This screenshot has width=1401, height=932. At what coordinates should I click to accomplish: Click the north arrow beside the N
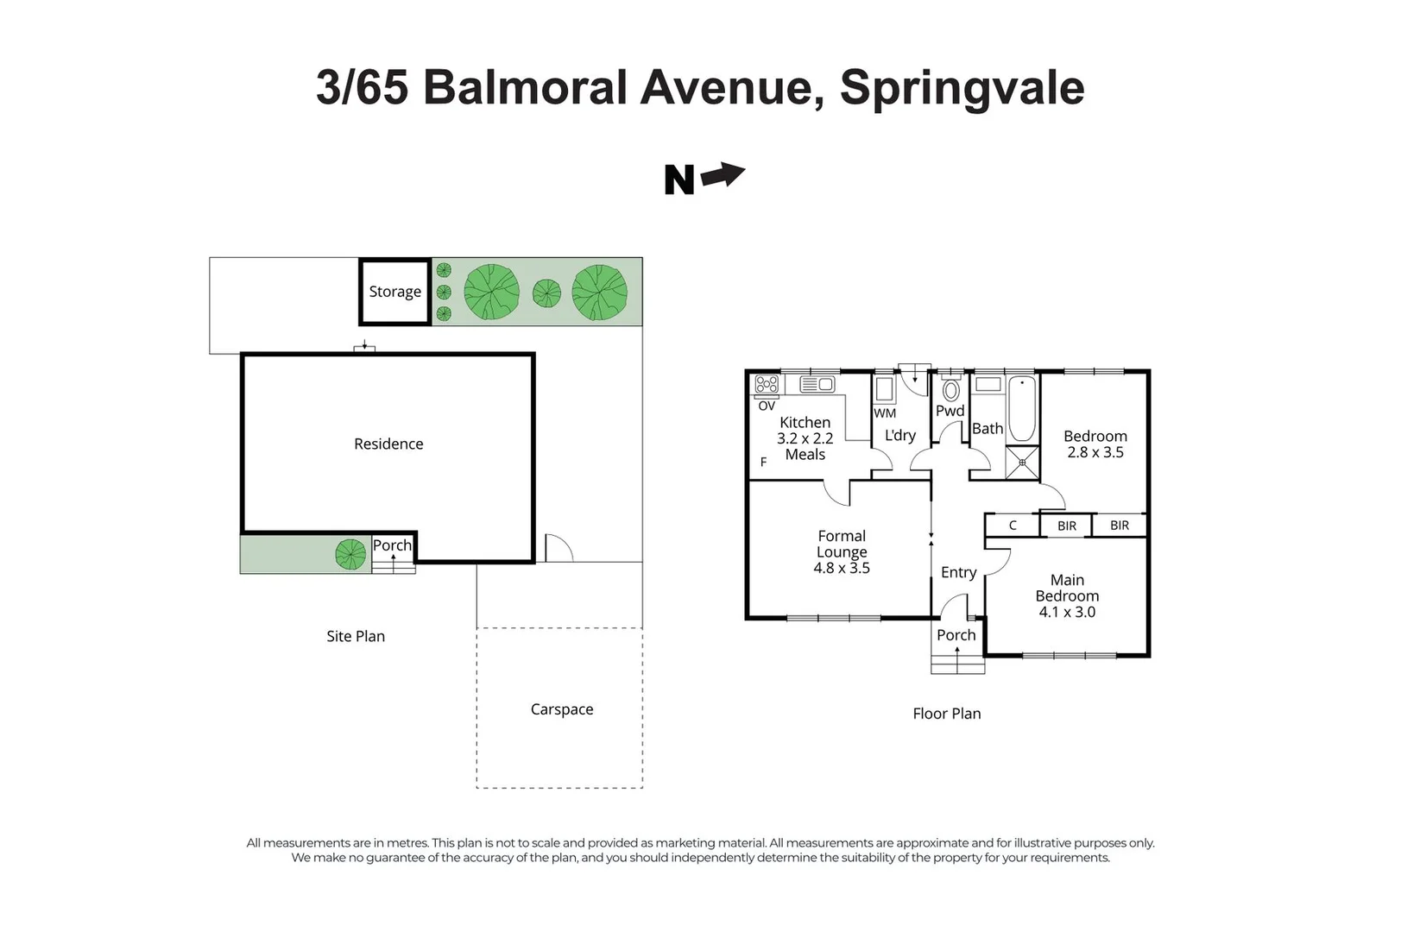723,174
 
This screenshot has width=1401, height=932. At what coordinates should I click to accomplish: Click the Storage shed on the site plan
394,292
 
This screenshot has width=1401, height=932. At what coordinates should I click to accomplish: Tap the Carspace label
562,708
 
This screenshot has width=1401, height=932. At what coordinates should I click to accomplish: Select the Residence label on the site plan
388,444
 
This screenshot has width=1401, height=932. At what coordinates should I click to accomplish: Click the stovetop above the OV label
767,384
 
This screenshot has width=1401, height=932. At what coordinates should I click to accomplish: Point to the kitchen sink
817,384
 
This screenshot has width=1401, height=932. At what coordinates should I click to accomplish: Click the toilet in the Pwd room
950,389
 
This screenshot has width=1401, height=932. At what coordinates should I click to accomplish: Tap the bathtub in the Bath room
1022,409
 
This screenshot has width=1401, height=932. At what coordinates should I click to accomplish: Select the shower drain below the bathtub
1022,463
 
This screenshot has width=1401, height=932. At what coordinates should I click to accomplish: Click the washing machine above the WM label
884,389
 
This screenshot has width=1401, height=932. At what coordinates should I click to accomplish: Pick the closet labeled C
1013,525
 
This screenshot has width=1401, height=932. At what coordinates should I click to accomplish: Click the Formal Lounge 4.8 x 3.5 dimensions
842,568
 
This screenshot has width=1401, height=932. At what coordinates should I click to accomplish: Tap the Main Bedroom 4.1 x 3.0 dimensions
1067,612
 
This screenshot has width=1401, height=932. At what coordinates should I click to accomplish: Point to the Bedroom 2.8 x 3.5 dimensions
1095,452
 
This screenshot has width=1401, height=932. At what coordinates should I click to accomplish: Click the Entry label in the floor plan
958,573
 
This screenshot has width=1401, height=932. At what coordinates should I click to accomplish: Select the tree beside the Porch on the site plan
350,554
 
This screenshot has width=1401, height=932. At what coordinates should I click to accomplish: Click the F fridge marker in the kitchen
763,463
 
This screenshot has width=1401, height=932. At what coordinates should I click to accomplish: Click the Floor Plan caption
946,713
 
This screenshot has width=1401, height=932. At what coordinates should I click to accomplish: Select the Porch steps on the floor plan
957,664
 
